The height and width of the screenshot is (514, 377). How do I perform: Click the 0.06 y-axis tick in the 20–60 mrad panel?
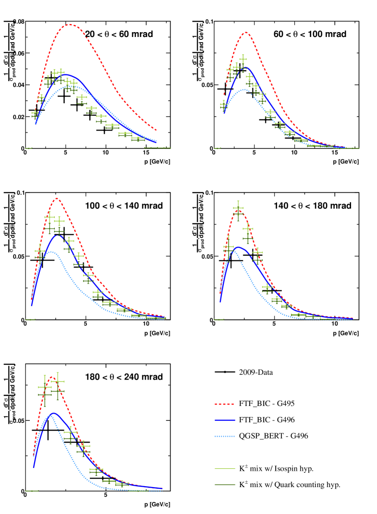(x=17, y=53)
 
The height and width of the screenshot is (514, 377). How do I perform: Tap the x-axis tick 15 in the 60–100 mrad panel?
(x=334, y=154)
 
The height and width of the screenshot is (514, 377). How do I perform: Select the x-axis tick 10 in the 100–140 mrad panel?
(x=146, y=325)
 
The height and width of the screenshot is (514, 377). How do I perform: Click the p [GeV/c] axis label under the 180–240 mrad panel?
(x=157, y=504)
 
